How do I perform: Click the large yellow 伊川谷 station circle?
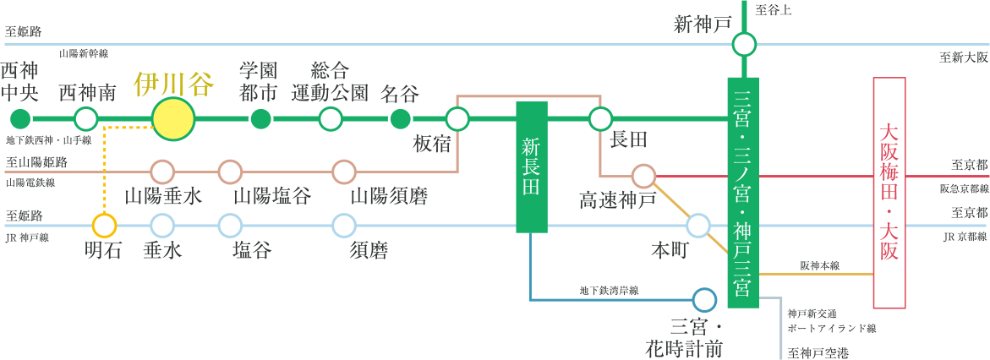point(173,119)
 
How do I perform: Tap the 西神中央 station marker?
point(20,119)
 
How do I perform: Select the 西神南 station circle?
point(86,119)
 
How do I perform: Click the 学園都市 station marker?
point(261,119)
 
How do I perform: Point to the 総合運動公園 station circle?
point(331,119)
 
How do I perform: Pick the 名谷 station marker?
point(400,119)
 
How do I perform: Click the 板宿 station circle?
point(457,119)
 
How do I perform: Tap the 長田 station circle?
point(601,119)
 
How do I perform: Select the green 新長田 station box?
point(532,166)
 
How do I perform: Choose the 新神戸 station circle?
point(744,44)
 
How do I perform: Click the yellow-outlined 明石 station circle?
point(104,226)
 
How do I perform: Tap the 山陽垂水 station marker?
point(161,172)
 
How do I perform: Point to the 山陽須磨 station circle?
point(344,172)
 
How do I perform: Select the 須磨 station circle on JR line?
point(344,226)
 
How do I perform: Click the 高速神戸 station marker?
point(643,176)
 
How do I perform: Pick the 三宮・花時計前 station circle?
point(703,300)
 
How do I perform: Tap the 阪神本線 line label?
point(819,265)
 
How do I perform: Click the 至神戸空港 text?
point(818,352)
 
